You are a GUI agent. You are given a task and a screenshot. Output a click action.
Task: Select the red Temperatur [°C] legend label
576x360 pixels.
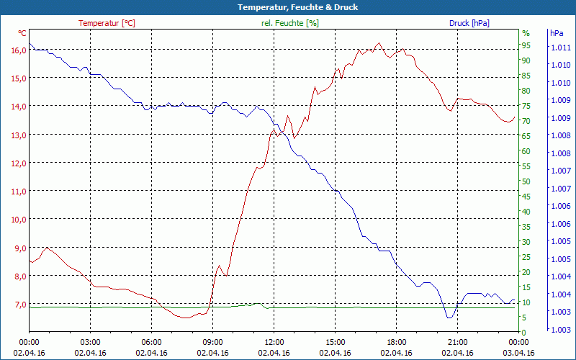point(107,23)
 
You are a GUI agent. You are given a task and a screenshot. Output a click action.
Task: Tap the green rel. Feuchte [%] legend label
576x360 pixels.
point(290,23)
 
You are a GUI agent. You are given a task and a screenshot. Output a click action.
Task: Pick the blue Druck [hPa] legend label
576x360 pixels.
point(469,23)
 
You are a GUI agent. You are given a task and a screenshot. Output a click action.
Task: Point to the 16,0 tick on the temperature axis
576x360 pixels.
point(18,50)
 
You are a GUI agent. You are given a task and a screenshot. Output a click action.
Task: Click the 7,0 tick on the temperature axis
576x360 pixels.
point(18,304)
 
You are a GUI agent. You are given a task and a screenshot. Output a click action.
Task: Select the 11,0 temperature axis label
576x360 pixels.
point(18,191)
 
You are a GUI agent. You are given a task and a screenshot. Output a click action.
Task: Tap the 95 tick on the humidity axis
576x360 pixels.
point(526,45)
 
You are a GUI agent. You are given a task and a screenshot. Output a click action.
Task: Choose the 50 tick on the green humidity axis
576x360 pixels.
point(526,181)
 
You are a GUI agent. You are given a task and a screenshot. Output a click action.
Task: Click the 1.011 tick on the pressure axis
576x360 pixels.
point(559,48)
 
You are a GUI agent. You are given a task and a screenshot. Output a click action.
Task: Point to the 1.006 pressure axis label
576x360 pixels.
point(559,224)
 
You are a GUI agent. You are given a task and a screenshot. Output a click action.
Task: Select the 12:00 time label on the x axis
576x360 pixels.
point(274,342)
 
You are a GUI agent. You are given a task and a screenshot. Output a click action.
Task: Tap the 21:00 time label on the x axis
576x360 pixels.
point(458,342)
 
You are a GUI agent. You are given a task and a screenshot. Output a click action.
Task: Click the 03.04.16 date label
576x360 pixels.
point(519,353)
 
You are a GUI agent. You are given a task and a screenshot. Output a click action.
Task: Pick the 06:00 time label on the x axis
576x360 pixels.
point(151,342)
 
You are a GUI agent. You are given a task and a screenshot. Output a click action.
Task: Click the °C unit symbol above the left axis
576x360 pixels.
point(22,33)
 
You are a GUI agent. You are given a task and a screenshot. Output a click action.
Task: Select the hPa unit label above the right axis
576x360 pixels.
point(557,33)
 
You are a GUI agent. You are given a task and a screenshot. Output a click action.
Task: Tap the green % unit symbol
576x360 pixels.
point(526,33)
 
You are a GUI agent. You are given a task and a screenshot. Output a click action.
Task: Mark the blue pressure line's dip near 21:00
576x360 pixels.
point(449,317)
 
